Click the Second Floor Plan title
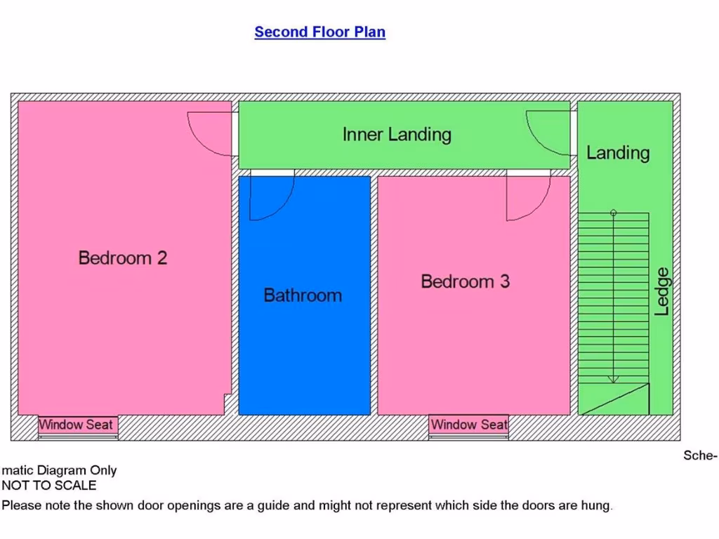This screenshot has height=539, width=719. click(319, 32)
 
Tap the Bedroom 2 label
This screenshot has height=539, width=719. click(123, 258)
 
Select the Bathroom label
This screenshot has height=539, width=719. click(303, 295)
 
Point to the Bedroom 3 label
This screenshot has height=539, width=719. click(465, 281)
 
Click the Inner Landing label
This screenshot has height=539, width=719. click(397, 134)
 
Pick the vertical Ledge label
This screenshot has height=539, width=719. click(662, 291)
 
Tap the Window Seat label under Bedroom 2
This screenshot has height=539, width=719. click(76, 425)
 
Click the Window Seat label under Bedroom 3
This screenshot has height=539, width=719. click(468, 425)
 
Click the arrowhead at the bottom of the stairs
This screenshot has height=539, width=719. click(613, 379)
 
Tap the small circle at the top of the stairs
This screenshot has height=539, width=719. click(613, 213)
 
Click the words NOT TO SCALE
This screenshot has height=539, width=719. click(49, 485)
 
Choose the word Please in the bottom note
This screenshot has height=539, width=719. click(21, 505)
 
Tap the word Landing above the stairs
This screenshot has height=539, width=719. click(618, 152)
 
